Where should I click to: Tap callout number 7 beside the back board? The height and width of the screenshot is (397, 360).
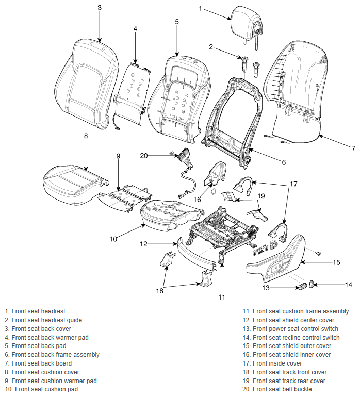point(353,148)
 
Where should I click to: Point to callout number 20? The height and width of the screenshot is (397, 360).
point(144,156)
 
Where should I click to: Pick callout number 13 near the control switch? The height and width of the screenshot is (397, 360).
point(266,288)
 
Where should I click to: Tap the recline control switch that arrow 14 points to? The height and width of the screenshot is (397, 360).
point(312,284)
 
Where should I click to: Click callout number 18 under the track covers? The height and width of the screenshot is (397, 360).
point(159,291)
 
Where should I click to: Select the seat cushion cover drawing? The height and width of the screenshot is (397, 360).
point(75,185)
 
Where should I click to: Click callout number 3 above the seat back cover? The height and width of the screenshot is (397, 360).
point(100,8)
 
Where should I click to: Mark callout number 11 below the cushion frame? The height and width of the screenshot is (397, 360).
point(222,297)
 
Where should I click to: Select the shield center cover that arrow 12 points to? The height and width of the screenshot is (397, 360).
point(197,255)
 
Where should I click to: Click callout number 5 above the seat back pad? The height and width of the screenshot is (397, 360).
point(177,22)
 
